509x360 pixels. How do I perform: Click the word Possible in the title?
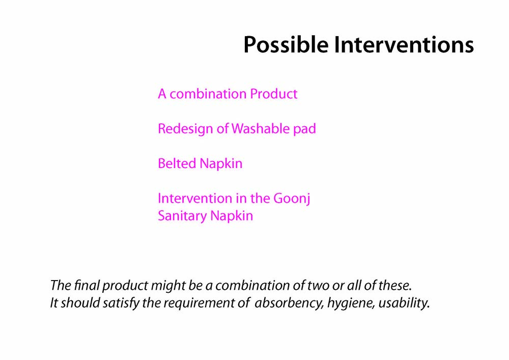click(x=286, y=44)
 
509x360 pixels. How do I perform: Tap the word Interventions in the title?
click(x=404, y=44)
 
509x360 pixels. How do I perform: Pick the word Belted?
click(x=177, y=163)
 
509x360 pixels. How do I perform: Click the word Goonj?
click(x=292, y=199)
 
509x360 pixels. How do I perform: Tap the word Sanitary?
click(x=182, y=216)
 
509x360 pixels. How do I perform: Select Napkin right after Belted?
click(x=221, y=164)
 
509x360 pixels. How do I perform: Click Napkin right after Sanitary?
click(x=232, y=216)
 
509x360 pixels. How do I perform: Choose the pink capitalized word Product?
click(x=274, y=94)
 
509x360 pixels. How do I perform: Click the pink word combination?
click(x=208, y=94)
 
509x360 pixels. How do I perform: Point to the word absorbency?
click(x=289, y=303)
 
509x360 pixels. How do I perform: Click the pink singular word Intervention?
click(x=194, y=199)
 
